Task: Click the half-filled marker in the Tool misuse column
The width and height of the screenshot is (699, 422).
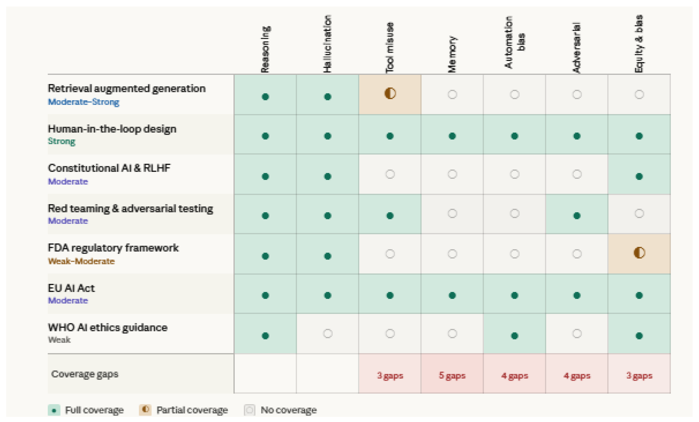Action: pyautogui.click(x=390, y=93)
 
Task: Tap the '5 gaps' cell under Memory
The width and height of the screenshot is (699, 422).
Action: pyautogui.click(x=452, y=375)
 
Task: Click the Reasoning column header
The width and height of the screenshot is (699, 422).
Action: pyautogui.click(x=265, y=50)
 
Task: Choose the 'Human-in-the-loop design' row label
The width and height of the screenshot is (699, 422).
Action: pyautogui.click(x=112, y=129)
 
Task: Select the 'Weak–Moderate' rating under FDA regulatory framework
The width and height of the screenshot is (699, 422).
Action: pyautogui.click(x=81, y=261)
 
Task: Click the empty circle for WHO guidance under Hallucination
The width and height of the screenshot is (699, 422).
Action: pyautogui.click(x=328, y=333)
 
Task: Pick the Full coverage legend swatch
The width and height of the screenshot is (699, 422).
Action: pyautogui.click(x=54, y=410)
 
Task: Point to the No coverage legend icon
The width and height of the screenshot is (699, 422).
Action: pyautogui.click(x=249, y=410)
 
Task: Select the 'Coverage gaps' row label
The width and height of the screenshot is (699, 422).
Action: pyautogui.click(x=84, y=374)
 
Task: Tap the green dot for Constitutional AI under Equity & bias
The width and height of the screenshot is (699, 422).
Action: pyautogui.click(x=639, y=176)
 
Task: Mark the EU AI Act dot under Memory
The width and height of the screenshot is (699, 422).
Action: pyautogui.click(x=452, y=295)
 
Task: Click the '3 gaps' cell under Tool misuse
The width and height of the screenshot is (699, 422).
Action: pyautogui.click(x=390, y=375)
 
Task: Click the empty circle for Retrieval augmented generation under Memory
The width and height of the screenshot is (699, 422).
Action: pyautogui.click(x=452, y=94)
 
